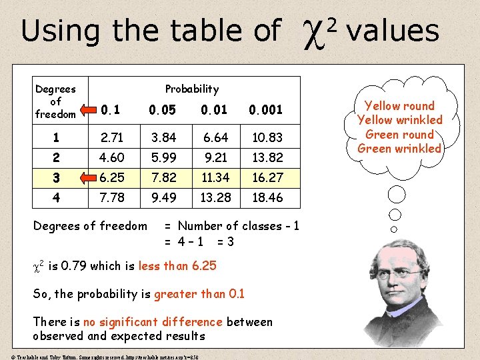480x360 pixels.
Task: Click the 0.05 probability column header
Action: [163, 109]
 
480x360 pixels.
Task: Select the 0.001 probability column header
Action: [265, 109]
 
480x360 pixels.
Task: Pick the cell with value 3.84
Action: [163, 138]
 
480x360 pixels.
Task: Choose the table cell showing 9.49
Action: [163, 197]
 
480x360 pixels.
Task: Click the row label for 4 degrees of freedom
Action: [56, 197]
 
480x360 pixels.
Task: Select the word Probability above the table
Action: [191, 89]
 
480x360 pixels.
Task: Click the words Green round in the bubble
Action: [399, 134]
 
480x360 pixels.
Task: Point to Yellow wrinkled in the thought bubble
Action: [399, 120]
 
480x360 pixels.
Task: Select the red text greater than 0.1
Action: [199, 294]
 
